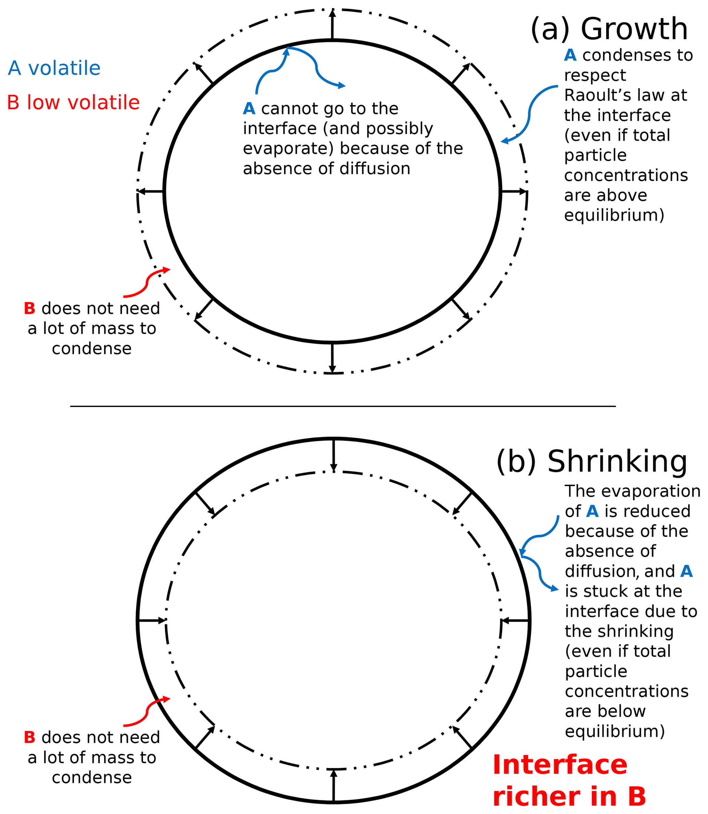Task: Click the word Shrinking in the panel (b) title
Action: [x=617, y=461]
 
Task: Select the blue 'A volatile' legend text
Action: [x=54, y=69]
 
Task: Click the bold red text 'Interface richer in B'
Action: [x=569, y=780]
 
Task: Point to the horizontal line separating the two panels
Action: [x=343, y=406]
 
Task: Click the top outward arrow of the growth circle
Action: [x=332, y=25]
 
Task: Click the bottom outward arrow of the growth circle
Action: [x=332, y=358]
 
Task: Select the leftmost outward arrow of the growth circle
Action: [x=151, y=192]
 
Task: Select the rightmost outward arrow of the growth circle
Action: [x=513, y=192]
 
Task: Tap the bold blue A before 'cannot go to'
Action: [x=249, y=109]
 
